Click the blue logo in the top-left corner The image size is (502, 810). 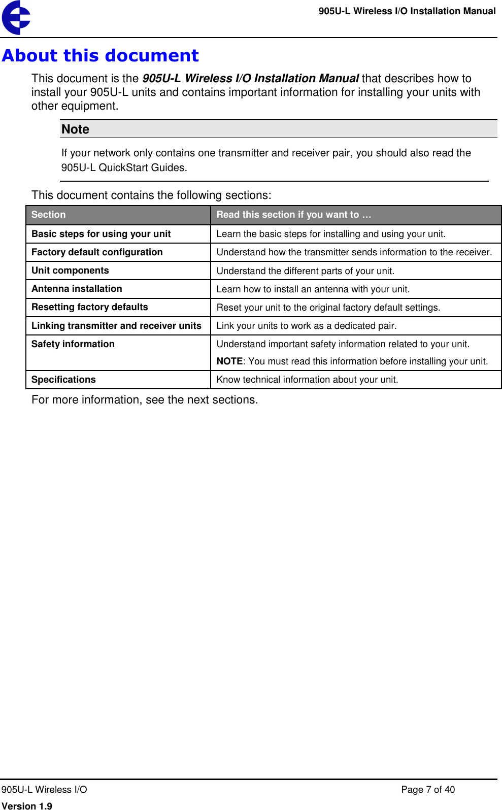click(x=16, y=18)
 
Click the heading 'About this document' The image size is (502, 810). click(x=100, y=56)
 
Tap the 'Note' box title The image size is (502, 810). click(x=75, y=129)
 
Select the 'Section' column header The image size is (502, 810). click(x=48, y=215)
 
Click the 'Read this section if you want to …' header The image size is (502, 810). click(x=293, y=215)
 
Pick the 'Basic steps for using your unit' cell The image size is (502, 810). click(x=101, y=234)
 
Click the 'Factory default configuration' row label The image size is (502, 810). click(x=97, y=252)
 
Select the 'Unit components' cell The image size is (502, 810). click(x=70, y=271)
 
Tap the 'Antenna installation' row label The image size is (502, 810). click(x=77, y=289)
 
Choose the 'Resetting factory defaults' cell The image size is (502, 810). click(x=89, y=307)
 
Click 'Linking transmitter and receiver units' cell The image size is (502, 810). click(x=116, y=326)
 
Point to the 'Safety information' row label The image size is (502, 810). click(x=73, y=344)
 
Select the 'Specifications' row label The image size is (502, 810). click(x=63, y=380)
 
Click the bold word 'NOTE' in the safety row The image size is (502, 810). click(x=229, y=361)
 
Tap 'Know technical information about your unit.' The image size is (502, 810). click(x=307, y=380)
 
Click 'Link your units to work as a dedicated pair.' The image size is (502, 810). click(x=306, y=326)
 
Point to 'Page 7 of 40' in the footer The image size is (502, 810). click(x=427, y=790)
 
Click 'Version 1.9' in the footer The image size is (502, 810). click(x=26, y=805)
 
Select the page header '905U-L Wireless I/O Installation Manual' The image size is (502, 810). click(x=407, y=11)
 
